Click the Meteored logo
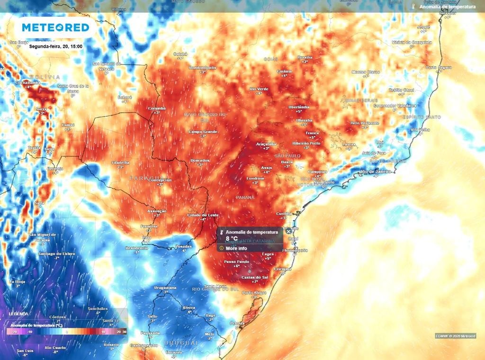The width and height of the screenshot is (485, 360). pyautogui.click(x=55, y=27)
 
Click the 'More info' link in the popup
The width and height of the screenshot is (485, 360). pyautogui.click(x=236, y=248)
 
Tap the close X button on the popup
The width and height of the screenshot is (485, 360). pyautogui.click(x=288, y=232)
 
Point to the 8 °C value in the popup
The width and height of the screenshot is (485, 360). pyautogui.click(x=231, y=238)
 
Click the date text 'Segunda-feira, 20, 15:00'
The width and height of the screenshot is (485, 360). pyautogui.click(x=55, y=46)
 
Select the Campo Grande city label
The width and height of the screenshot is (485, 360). pyautogui.click(x=203, y=131)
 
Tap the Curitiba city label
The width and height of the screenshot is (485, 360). pyautogui.click(x=283, y=213)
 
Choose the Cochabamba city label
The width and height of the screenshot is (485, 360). pyautogui.click(x=27, y=82)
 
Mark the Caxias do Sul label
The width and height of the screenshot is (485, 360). pyautogui.click(x=255, y=277)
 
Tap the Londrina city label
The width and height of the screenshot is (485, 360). pyautogui.click(x=255, y=178)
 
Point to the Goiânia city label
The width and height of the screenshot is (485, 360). pyautogui.click(x=284, y=71)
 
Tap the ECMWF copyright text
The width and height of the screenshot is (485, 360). pyautogui.click(x=455, y=336)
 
